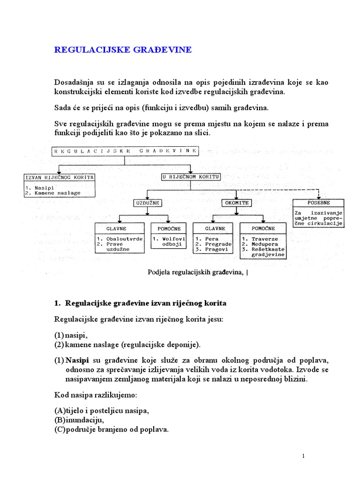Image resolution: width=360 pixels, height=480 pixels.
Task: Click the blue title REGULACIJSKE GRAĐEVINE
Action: pos(123,50)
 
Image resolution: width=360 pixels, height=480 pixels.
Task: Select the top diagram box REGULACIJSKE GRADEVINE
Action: pos(125,151)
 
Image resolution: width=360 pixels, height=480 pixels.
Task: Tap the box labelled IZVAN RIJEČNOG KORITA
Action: pos(60,177)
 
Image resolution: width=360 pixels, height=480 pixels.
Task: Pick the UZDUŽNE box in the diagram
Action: pos(148,203)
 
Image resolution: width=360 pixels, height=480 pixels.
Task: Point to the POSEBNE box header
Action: pos(318,203)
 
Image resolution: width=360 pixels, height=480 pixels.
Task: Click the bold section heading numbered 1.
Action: pos(140,303)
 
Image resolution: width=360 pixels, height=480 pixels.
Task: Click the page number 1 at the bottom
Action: pos(304,456)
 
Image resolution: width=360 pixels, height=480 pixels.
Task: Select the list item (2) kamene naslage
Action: pos(127,345)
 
